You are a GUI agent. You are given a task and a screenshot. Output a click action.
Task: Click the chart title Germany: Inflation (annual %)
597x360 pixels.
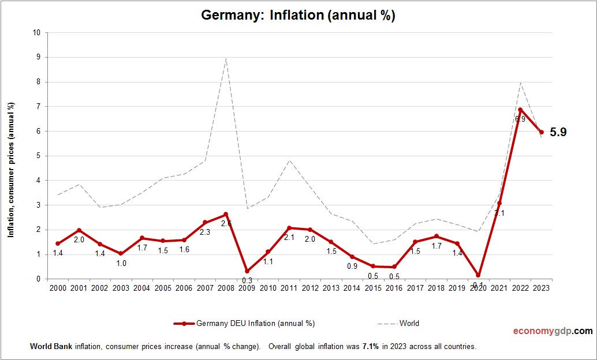pyautogui.click(x=298, y=16)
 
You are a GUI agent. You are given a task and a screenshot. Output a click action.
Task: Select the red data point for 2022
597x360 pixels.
pyautogui.click(x=520, y=110)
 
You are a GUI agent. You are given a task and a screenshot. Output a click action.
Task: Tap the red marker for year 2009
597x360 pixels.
pyautogui.click(x=247, y=271)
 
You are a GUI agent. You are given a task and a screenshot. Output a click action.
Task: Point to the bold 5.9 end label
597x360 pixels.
pyautogui.click(x=558, y=132)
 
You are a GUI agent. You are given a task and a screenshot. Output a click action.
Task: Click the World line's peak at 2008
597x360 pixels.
pyautogui.click(x=226, y=58)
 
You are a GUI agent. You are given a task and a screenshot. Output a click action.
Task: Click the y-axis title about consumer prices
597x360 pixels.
pyautogui.click(x=10, y=170)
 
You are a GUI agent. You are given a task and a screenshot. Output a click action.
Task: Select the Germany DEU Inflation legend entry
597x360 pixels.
pyautogui.click(x=245, y=323)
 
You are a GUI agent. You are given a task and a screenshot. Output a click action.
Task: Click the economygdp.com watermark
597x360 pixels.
pyautogui.click(x=553, y=331)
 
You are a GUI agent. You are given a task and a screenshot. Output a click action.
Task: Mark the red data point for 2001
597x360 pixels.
pyautogui.click(x=79, y=230)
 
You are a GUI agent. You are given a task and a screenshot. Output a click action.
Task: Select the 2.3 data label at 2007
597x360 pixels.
pyautogui.click(x=205, y=232)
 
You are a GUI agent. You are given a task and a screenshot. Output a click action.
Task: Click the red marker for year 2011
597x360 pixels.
pyautogui.click(x=289, y=228)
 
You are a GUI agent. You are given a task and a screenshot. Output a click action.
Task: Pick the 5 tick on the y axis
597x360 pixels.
pyautogui.click(x=38, y=156)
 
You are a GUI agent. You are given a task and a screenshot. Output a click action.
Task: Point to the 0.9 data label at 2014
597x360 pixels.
pyautogui.click(x=352, y=267)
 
